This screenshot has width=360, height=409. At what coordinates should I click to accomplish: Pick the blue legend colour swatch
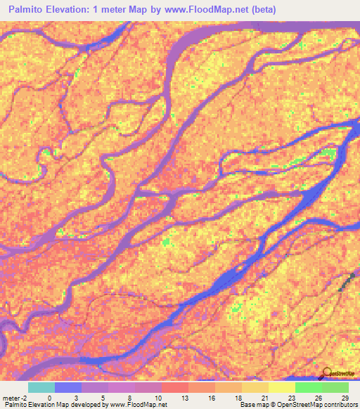click(68, 387)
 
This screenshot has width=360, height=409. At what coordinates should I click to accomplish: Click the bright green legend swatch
click(308, 387)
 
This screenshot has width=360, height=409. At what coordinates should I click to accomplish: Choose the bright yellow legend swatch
click(281, 387)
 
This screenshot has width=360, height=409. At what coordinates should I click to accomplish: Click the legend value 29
click(345, 397)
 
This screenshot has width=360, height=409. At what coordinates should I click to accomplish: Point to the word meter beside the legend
click(11, 397)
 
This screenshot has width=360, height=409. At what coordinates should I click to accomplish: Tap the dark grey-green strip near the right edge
click(345, 283)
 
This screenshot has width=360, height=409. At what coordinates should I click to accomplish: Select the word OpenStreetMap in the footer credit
click(292, 405)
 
